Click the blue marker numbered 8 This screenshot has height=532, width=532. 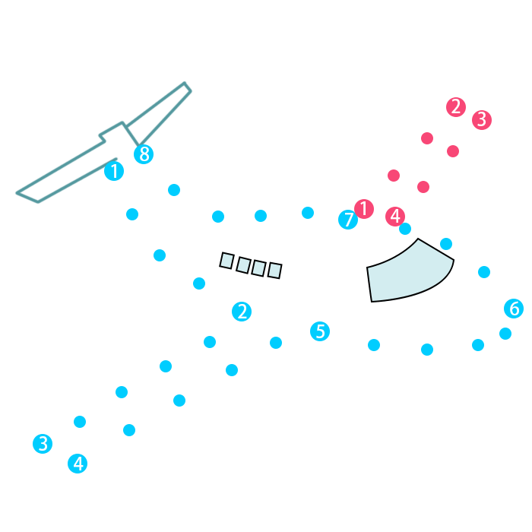point(144,154)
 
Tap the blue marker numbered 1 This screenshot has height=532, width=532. point(114,171)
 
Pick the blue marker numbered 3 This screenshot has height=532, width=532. point(43,444)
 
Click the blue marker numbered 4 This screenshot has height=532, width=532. point(78,463)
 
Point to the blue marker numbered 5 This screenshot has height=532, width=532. point(320,331)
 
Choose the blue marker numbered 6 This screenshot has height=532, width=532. point(514,309)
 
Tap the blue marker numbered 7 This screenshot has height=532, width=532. point(348,220)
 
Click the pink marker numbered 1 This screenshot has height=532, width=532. point(364,209)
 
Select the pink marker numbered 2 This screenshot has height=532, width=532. point(456,107)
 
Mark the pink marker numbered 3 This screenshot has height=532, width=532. point(481,120)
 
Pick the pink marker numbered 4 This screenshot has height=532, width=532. point(395,217)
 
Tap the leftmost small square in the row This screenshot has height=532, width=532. point(226,261)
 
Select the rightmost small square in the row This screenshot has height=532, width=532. point(275,271)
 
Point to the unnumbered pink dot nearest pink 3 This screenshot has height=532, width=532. point(453,151)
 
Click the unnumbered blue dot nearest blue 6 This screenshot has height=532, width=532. point(505,334)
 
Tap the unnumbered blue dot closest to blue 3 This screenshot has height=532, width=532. point(80,422)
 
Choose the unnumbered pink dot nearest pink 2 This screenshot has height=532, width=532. point(427,138)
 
